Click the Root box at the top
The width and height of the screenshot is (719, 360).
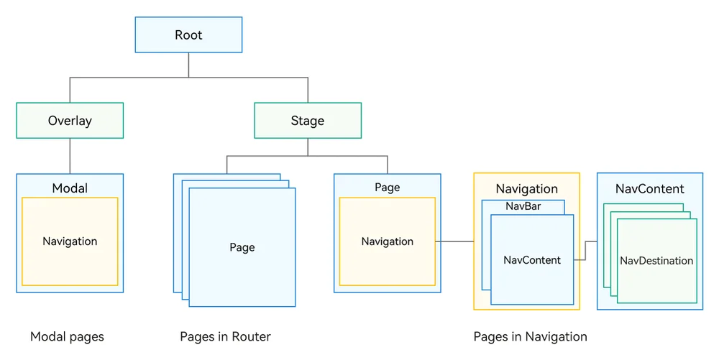point(188,34)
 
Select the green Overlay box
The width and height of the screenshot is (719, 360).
point(70,121)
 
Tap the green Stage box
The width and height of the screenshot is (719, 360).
point(308,121)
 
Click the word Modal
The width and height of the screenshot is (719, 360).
point(70,188)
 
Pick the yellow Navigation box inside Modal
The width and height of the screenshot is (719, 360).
point(70,241)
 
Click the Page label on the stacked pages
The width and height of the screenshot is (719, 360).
point(242,247)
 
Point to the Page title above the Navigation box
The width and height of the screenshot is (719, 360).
point(388,188)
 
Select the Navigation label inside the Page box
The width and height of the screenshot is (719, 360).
point(388,241)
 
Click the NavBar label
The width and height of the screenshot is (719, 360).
point(523,206)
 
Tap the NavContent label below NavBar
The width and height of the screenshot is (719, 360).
point(532,260)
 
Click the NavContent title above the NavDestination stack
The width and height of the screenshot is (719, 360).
point(650,189)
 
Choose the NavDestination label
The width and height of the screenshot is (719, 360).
point(656,261)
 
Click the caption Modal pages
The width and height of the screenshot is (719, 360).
point(67,336)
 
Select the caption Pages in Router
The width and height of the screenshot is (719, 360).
point(225,336)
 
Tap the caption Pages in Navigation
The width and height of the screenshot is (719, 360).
point(530,336)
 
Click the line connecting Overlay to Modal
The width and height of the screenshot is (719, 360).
point(70,156)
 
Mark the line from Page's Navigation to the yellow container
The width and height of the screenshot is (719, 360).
point(454,241)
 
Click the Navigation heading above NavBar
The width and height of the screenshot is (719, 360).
point(527,189)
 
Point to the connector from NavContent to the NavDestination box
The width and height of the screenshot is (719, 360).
point(585,251)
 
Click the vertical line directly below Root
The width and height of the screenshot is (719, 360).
point(188,65)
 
